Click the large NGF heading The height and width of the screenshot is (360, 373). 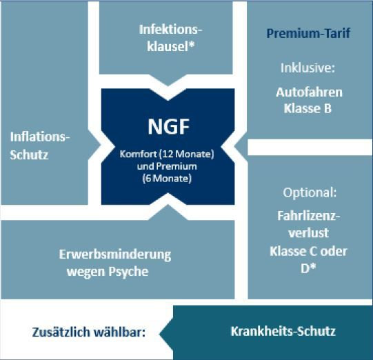click(x=169, y=127)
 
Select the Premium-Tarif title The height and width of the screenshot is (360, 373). click(x=308, y=33)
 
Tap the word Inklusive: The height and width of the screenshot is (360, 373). click(x=308, y=68)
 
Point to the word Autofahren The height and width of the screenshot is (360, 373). click(x=310, y=92)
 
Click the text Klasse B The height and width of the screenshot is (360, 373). click(x=308, y=108)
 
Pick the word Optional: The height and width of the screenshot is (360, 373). click(x=310, y=192)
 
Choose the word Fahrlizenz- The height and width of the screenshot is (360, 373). click(x=309, y=216)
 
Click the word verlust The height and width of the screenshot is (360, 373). click(x=309, y=232)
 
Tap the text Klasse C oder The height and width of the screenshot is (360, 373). click(x=308, y=251)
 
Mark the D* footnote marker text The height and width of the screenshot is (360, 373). click(x=308, y=268)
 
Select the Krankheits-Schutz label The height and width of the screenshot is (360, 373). click(x=283, y=331)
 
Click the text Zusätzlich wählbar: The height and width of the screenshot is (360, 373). click(x=89, y=332)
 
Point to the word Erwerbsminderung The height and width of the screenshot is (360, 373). click(x=115, y=255)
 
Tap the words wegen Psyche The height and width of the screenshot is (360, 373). click(x=108, y=272)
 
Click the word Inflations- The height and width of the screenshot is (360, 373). click(x=40, y=137)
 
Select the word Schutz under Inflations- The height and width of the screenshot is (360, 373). click(x=29, y=154)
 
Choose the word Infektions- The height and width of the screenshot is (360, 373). click(x=170, y=30)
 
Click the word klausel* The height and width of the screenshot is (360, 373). click(x=170, y=46)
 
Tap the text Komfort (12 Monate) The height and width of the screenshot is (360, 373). click(x=167, y=154)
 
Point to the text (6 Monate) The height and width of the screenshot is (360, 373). click(x=167, y=179)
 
